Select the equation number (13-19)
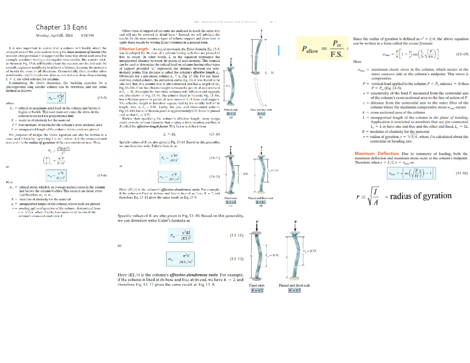(x=460, y=55)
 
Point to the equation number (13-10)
(x=215, y=134)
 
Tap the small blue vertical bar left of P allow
(x=278, y=50)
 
